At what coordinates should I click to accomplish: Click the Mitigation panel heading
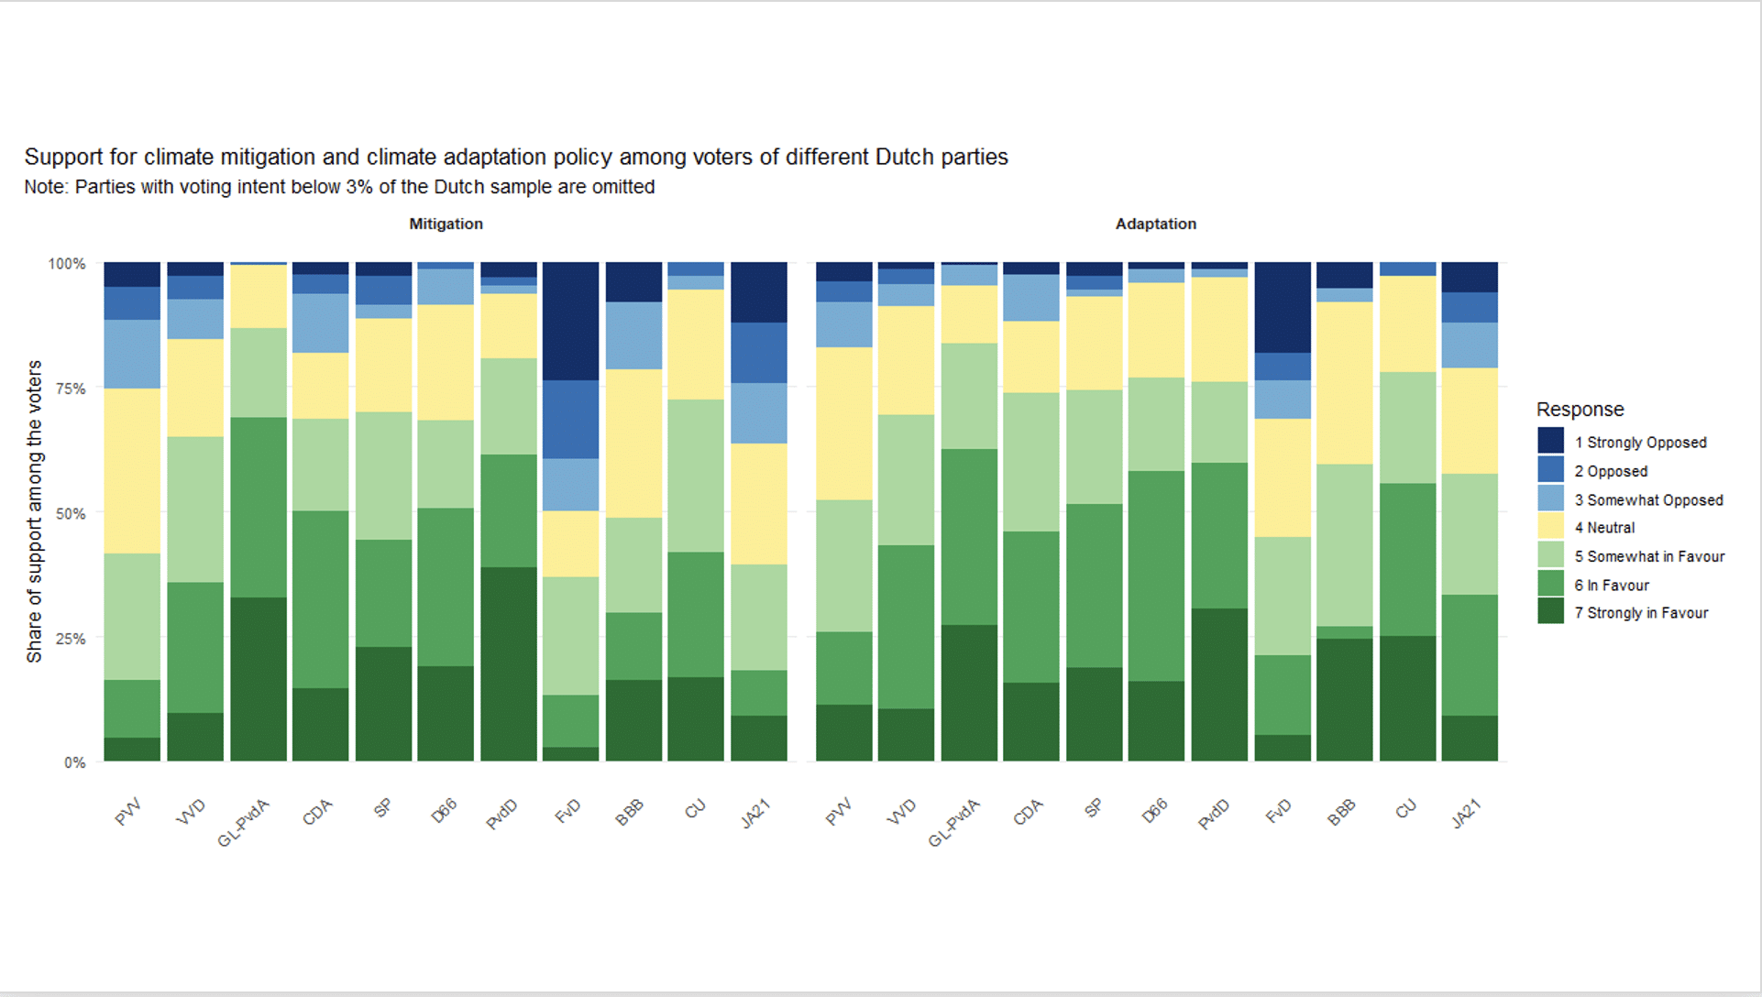[446, 224]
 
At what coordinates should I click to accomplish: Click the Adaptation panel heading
[1155, 224]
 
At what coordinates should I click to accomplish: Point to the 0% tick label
[75, 762]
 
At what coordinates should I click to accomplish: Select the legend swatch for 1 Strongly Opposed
[1550, 441]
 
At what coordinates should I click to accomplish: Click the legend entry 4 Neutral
[1611, 528]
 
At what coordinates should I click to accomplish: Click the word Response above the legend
[1580, 410]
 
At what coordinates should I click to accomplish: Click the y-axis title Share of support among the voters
[35, 511]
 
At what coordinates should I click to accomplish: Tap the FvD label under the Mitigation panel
[568, 811]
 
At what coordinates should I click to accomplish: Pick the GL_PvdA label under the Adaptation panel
[954, 822]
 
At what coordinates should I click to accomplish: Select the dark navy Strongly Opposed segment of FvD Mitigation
[570, 321]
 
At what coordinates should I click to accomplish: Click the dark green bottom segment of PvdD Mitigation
[508, 664]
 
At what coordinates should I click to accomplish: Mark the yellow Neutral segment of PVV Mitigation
[132, 471]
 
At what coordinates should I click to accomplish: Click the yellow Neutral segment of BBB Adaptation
[1344, 383]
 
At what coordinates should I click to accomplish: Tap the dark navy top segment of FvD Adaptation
[1282, 307]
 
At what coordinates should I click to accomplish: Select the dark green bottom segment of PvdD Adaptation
[1218, 685]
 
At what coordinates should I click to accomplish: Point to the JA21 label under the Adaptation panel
[1465, 814]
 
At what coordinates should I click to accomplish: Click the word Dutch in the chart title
[904, 157]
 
